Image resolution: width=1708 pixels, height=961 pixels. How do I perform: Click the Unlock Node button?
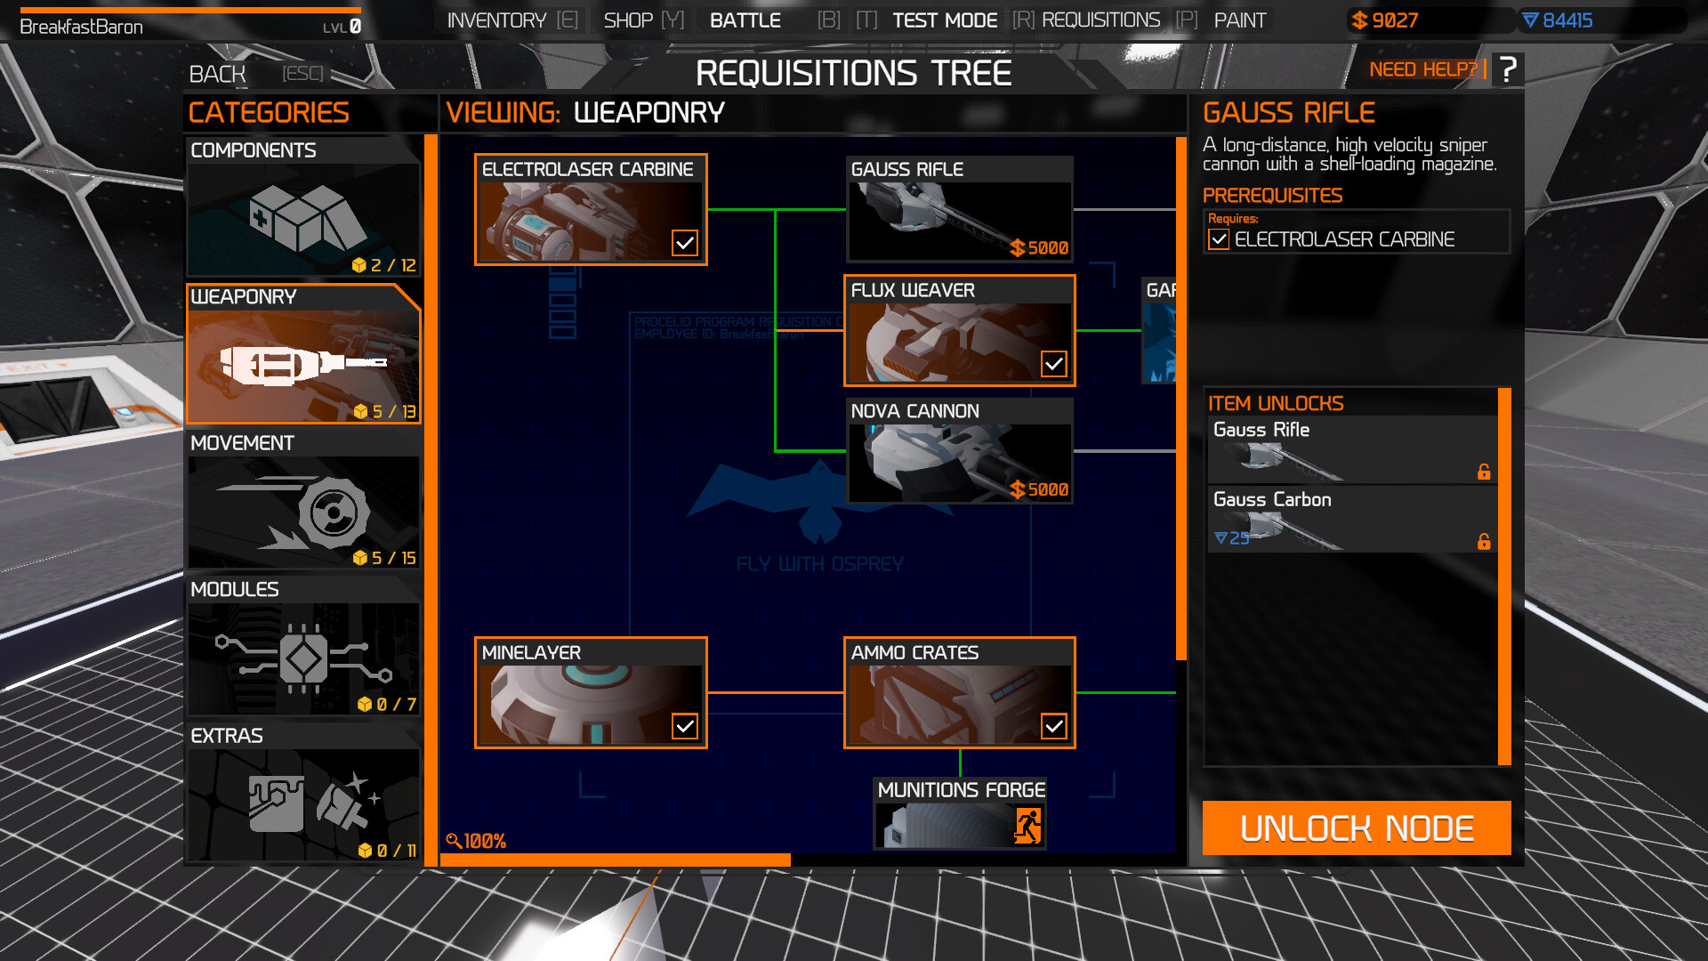[1356, 828]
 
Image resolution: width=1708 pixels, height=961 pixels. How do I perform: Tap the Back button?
[217, 74]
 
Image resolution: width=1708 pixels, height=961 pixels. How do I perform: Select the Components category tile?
[302, 206]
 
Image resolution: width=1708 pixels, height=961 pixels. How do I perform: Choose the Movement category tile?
[302, 499]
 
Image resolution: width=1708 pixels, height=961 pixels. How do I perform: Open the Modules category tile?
[302, 646]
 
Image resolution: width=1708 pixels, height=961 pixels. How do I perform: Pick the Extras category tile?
[302, 792]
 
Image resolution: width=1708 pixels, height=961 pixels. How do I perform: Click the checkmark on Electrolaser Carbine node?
[684, 242]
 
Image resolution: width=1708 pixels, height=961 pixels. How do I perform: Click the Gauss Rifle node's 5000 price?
[1039, 248]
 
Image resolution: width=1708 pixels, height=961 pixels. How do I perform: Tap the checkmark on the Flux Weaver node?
[1053, 363]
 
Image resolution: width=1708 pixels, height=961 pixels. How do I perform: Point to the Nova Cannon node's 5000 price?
[1039, 489]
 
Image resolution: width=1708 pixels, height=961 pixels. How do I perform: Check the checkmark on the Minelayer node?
[684, 726]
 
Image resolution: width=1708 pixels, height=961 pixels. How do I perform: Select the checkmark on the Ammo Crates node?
[1053, 726]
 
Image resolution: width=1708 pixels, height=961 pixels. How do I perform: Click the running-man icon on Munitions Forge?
[1027, 826]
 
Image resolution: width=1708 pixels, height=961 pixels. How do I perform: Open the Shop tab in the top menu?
[628, 20]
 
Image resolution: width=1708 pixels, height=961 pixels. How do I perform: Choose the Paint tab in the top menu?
[1239, 20]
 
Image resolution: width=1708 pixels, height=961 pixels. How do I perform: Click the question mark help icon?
[1507, 69]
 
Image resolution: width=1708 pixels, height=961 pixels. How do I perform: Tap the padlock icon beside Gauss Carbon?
[1483, 541]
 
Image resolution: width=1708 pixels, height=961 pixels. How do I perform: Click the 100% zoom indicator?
[477, 841]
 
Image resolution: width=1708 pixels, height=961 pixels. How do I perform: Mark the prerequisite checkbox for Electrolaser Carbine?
[1218, 239]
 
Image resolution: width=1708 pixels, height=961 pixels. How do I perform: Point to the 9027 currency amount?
[1394, 20]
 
